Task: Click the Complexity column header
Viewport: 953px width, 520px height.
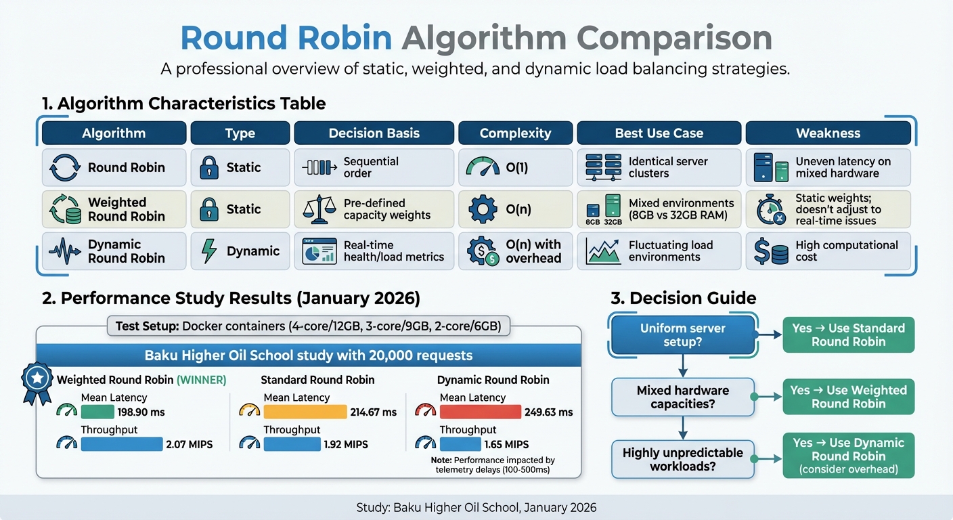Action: (516, 133)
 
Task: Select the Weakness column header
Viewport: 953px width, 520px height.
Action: (828, 133)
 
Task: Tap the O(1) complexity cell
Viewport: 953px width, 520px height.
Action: (516, 167)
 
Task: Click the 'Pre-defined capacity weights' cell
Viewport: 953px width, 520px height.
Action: (374, 209)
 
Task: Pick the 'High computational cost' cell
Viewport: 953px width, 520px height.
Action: (828, 251)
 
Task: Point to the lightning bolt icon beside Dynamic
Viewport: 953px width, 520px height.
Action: (209, 251)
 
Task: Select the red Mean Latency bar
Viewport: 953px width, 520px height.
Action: (480, 412)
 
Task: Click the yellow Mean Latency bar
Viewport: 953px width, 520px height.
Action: (305, 412)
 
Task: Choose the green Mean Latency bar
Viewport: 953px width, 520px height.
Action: (97, 412)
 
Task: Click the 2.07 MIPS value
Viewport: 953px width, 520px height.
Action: (189, 444)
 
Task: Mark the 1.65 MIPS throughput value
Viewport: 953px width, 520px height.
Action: (506, 444)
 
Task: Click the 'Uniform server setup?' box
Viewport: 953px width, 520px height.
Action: (682, 335)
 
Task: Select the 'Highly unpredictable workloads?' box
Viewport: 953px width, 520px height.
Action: (682, 459)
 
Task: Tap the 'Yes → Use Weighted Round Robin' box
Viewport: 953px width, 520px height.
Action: (848, 397)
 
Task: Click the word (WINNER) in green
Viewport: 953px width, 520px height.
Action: (202, 381)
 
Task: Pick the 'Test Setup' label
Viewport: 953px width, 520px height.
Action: (147, 326)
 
